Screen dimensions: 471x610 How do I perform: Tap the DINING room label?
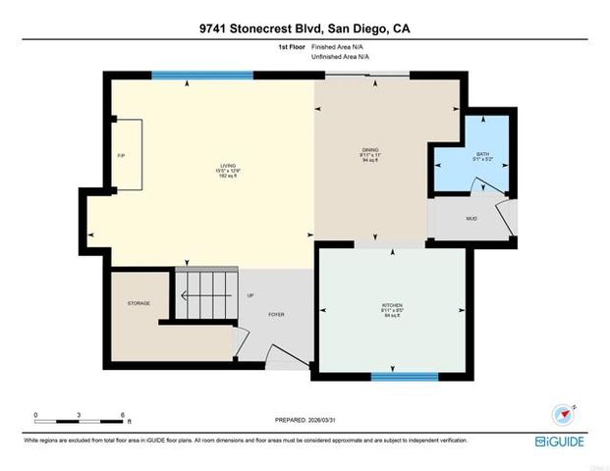click(x=370, y=150)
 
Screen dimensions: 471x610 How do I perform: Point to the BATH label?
click(x=482, y=154)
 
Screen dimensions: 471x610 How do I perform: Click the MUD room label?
click(x=471, y=218)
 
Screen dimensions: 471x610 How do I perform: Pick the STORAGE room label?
click(x=139, y=303)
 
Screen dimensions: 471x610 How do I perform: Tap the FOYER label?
click(x=276, y=314)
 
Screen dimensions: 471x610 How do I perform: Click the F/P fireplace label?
click(x=121, y=156)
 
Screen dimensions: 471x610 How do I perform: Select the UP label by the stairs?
click(x=250, y=295)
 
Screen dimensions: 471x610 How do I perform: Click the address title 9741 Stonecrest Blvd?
click(x=305, y=29)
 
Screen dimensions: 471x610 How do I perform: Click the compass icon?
click(x=561, y=413)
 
